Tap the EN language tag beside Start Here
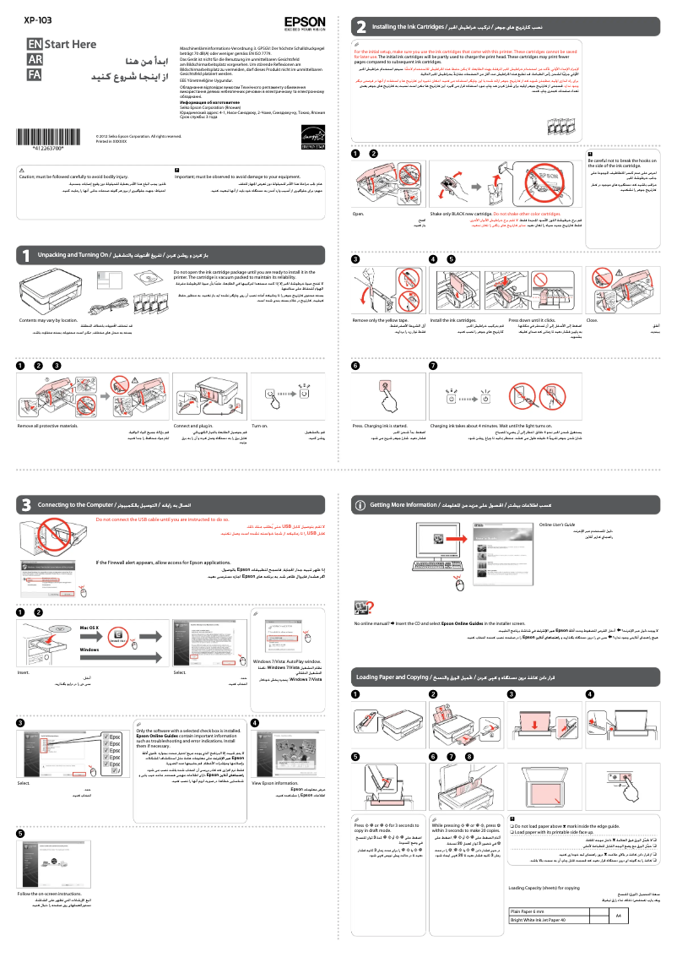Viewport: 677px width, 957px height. pos(35,44)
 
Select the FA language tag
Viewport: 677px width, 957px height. pos(35,75)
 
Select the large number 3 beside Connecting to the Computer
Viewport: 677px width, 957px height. pos(27,504)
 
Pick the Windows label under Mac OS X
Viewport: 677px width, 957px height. pos(89,649)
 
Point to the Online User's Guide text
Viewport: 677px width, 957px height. pos(557,525)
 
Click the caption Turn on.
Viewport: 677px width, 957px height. pos(259,425)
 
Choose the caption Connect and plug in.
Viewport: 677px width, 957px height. pos(193,425)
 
